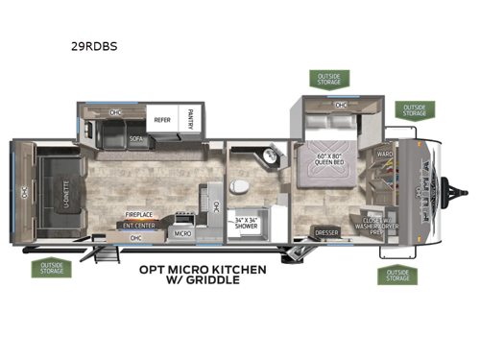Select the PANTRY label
pyautogui.click(x=190, y=120)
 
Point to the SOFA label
pyautogui.click(x=136, y=139)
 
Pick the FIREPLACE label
pyautogui.click(x=140, y=216)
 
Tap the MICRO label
pyautogui.click(x=181, y=232)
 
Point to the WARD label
pyautogui.click(x=384, y=155)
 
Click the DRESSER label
pyautogui.click(x=326, y=231)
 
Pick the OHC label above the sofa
pyautogui.click(x=116, y=113)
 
